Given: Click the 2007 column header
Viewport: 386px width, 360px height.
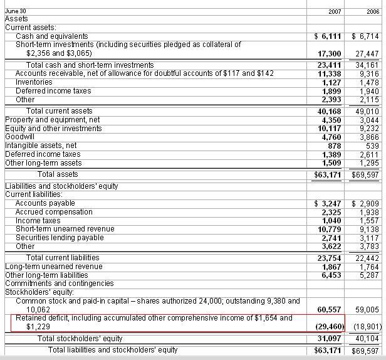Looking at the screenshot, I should pyautogui.click(x=335, y=11).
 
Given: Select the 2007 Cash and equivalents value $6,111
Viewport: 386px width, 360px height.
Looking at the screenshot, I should pyautogui.click(x=328, y=37).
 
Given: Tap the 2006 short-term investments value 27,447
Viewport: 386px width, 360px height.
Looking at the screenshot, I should pyautogui.click(x=367, y=54).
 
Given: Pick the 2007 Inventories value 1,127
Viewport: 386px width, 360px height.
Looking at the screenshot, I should pyautogui.click(x=331, y=82).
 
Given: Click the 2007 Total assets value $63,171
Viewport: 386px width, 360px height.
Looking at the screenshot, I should pyautogui.click(x=328, y=174).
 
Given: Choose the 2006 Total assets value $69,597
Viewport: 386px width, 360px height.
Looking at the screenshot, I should pyautogui.click(x=365, y=174).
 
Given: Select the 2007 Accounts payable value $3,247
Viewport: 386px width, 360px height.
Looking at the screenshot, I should pyautogui.click(x=328, y=204).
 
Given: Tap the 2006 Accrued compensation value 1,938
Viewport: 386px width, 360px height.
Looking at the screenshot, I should pyautogui.click(x=369, y=213).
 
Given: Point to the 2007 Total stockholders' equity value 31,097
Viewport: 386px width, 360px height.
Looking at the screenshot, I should pyautogui.click(x=330, y=339).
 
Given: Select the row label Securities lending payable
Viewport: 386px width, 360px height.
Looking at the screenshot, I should pyautogui.click(x=60, y=238).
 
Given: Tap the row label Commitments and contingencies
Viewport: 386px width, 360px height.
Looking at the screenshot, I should pyautogui.click(x=60, y=283).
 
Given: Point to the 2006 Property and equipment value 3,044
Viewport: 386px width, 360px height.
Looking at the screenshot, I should pyautogui.click(x=369, y=120).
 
